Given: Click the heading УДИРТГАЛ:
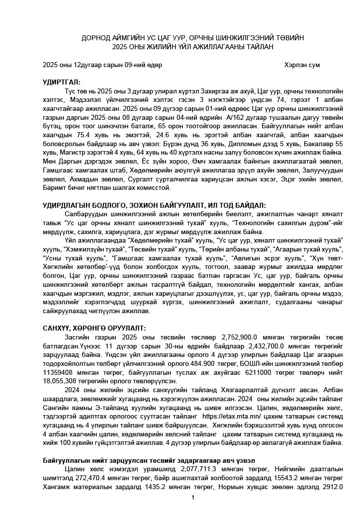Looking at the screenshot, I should [x=62, y=83].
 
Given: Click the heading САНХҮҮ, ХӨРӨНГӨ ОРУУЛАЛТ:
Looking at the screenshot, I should [x=94, y=328].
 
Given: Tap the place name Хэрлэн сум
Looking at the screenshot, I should [x=302, y=65].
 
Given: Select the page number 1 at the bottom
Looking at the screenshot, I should [x=192, y=498].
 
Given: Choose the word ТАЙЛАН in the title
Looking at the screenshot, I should [x=260, y=47].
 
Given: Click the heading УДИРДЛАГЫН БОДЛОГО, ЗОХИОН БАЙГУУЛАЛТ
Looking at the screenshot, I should [x=154, y=205].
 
